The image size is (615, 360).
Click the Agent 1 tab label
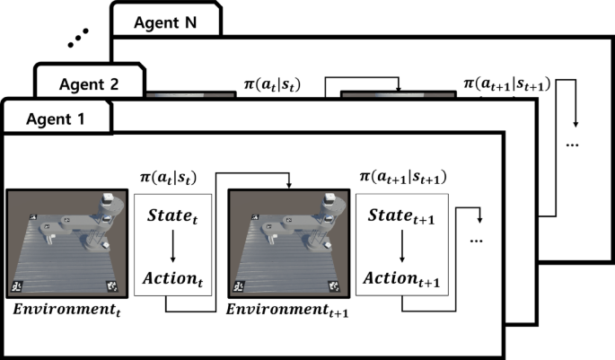pos(56,118)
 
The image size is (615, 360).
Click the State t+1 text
pos(400,218)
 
